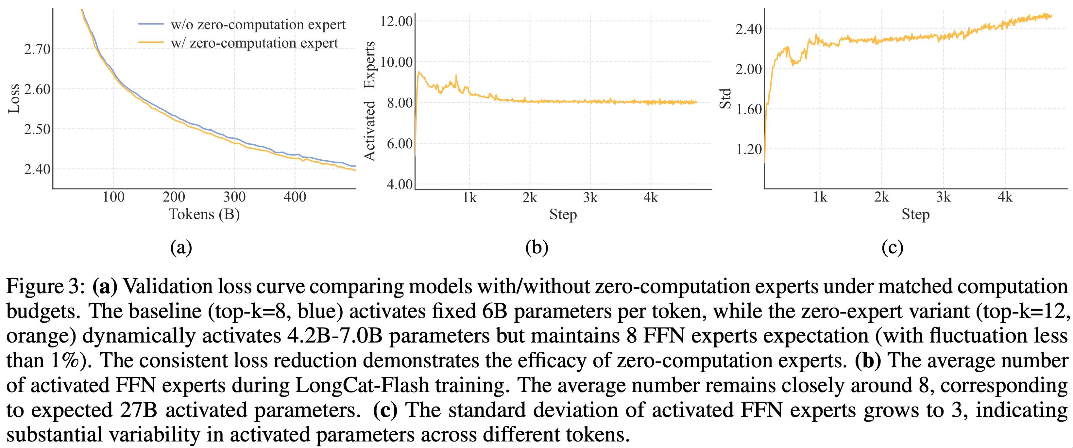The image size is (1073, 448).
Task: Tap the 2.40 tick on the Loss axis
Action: pos(38,169)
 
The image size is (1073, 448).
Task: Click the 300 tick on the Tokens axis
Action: pos(234,197)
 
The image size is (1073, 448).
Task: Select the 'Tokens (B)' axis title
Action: pos(204,214)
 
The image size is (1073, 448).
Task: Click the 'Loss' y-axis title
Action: pos(14,99)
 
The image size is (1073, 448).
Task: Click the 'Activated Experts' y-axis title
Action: pos(369,101)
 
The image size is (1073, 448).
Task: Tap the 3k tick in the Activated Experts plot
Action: pos(590,198)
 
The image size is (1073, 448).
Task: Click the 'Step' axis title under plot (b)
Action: pos(563,215)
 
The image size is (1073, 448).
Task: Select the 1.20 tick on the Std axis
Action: pos(749,149)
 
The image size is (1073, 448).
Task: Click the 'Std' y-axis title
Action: pos(725,99)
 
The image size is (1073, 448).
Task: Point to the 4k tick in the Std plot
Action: pos(1005,197)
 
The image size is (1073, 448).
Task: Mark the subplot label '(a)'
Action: pos(181,248)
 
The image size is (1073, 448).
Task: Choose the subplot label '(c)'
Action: pos(892,248)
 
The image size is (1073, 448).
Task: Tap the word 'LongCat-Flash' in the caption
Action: pos(362,385)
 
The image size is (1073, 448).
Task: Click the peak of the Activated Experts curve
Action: pos(418,72)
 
